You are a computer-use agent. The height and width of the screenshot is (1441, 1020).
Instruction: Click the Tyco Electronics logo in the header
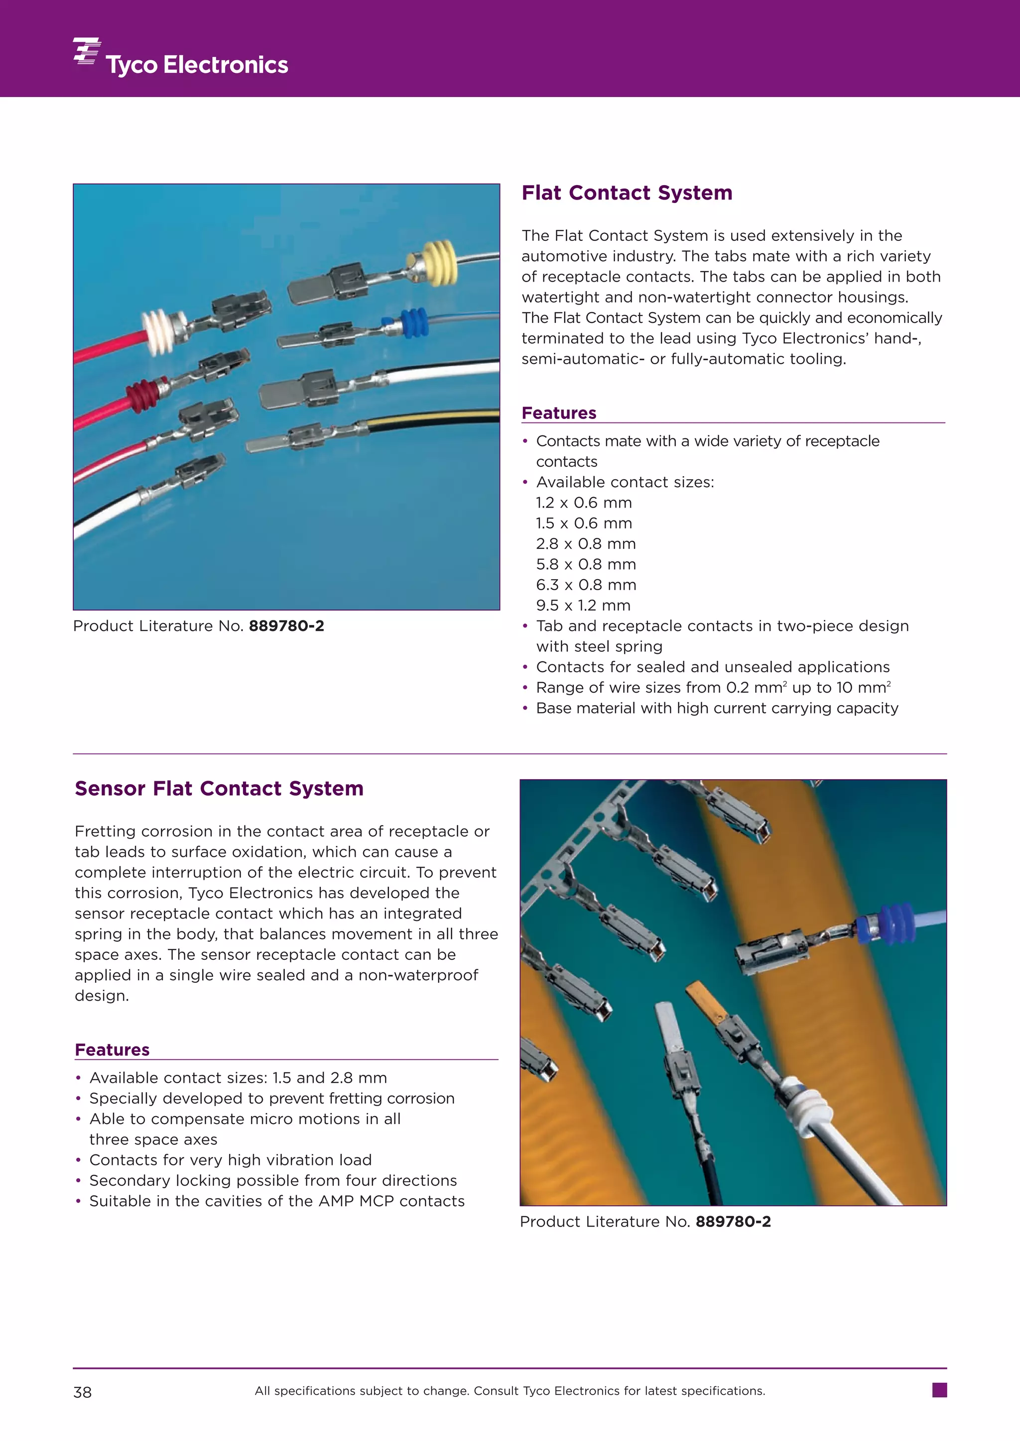pyautogui.click(x=181, y=58)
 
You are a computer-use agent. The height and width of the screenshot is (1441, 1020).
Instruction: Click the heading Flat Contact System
pyautogui.click(x=627, y=193)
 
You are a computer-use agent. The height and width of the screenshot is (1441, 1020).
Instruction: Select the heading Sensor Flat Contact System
pyautogui.click(x=219, y=788)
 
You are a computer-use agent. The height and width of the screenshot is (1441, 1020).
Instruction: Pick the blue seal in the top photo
pyautogui.click(x=414, y=323)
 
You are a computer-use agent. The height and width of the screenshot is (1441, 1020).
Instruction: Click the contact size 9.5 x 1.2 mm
pyautogui.click(x=583, y=606)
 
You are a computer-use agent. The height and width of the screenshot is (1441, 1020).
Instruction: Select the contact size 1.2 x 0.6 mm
pyautogui.click(x=584, y=503)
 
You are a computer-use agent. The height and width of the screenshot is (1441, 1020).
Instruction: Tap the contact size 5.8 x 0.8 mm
pyautogui.click(x=585, y=564)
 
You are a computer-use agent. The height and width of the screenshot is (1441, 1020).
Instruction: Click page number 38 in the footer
pyautogui.click(x=82, y=1393)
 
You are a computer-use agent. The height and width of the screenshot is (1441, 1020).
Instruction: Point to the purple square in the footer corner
pyautogui.click(x=940, y=1390)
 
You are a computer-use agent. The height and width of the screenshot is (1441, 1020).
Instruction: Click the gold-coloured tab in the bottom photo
pyautogui.click(x=705, y=999)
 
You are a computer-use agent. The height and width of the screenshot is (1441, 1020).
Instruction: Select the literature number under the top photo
pyautogui.click(x=286, y=626)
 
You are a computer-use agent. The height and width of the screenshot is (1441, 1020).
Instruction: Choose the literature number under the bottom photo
pyautogui.click(x=733, y=1222)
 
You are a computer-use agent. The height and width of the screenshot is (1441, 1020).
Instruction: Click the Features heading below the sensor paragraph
pyautogui.click(x=112, y=1050)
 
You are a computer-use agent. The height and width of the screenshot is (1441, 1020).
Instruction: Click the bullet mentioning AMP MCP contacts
pyautogui.click(x=276, y=1201)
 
